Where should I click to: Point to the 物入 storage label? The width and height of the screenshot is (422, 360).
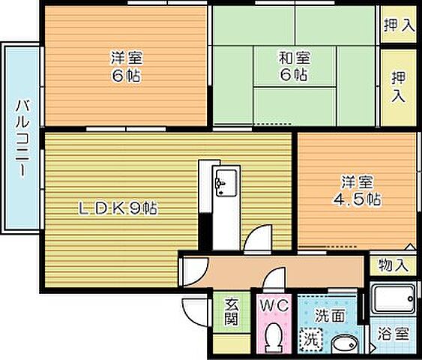pyautogui.click(x=393, y=265)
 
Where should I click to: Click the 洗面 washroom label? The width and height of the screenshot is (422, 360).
pyautogui.click(x=329, y=316)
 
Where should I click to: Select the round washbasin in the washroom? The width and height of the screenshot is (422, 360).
pyautogui.click(x=346, y=344)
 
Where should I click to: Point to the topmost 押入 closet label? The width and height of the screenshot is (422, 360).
pyautogui.click(x=398, y=25)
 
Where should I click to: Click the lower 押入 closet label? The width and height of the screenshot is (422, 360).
pyautogui.click(x=398, y=85)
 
